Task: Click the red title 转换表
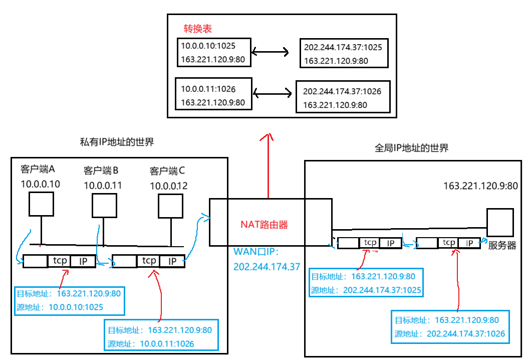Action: click(x=197, y=29)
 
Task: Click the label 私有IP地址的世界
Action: click(x=117, y=142)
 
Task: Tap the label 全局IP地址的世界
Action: click(x=411, y=148)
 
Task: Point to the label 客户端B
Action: click(x=100, y=170)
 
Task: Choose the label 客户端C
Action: click(x=167, y=171)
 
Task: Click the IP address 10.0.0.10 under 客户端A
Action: click(x=40, y=184)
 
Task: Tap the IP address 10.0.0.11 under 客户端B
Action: click(x=103, y=186)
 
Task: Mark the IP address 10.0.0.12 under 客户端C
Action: click(x=169, y=186)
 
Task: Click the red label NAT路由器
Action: click(x=265, y=225)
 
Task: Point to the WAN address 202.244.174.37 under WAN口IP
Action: click(x=267, y=267)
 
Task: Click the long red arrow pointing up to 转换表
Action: click(x=268, y=165)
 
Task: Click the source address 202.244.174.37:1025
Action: click(x=382, y=290)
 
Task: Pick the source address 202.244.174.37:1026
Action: click(x=465, y=333)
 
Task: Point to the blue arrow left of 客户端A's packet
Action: click(x=20, y=246)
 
